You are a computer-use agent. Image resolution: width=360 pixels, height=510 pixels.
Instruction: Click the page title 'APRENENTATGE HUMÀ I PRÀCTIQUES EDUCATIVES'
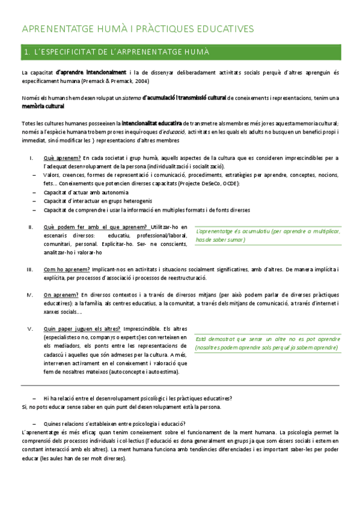[138, 29]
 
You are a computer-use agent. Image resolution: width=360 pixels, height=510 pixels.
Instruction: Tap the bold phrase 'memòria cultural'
[42, 106]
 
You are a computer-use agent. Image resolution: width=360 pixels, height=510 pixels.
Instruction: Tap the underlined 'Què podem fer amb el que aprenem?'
[96, 227]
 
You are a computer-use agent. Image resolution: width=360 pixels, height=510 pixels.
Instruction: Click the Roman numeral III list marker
[29, 269]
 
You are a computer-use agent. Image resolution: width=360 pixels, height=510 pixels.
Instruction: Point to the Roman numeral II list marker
[30, 227]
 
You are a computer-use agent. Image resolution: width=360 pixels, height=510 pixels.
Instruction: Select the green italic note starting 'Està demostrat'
[266, 343]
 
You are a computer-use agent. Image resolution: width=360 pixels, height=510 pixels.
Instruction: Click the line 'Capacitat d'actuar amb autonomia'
[86, 192]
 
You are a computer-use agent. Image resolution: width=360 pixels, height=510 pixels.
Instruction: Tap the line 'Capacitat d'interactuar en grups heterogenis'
[97, 201]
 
